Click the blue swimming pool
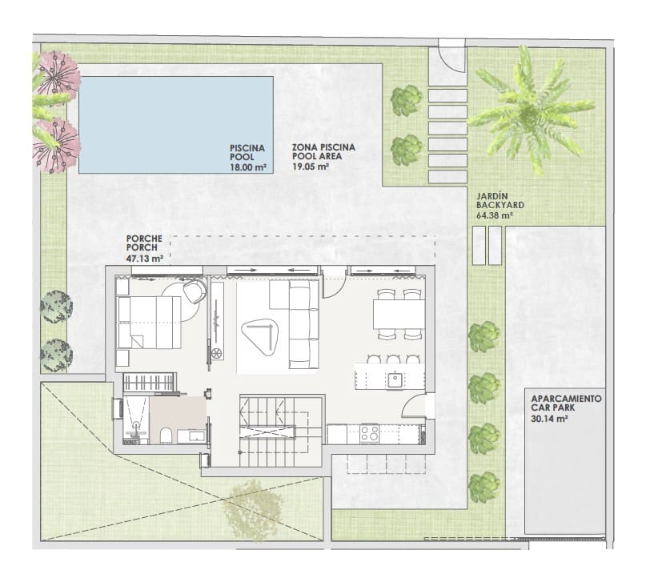click(x=176, y=123)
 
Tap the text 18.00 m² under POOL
click(x=247, y=167)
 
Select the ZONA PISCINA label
click(x=323, y=148)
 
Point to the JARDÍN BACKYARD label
click(x=494, y=199)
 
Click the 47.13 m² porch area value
click(x=145, y=259)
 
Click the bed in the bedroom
click(x=149, y=322)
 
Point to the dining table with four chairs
click(x=399, y=313)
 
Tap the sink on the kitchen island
click(x=395, y=379)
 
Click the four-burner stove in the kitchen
click(x=369, y=434)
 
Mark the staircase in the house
click(x=280, y=428)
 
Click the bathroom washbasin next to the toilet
click(x=192, y=436)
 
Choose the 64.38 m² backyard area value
click(x=494, y=215)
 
